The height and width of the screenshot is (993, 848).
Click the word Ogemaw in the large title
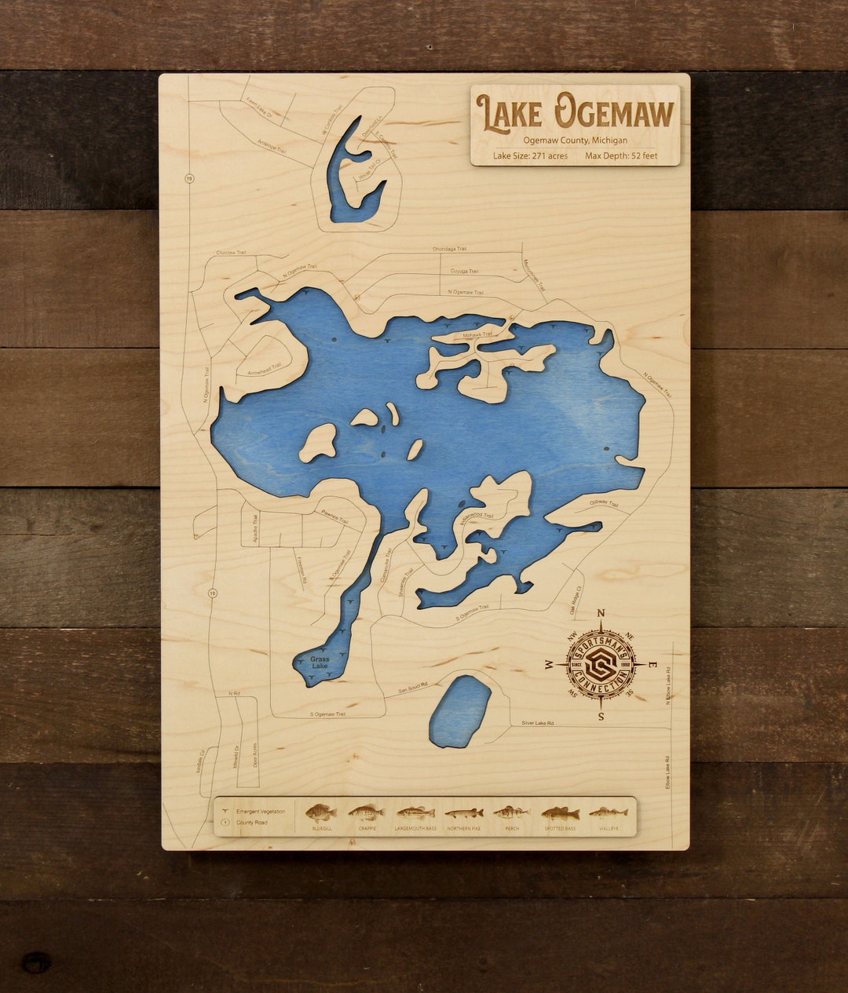614,112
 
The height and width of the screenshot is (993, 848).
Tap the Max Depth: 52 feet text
621,155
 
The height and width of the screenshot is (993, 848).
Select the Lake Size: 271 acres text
530,155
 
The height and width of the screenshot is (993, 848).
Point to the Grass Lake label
320,663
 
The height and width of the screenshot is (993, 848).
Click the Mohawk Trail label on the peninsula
477,335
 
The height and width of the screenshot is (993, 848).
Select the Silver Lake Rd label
539,722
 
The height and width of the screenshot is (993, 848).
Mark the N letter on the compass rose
601,614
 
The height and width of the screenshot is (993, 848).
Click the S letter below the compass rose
601,716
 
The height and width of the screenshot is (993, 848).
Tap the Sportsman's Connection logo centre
601,664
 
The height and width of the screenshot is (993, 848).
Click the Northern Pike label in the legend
463,828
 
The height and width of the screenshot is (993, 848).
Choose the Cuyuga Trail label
464,271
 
